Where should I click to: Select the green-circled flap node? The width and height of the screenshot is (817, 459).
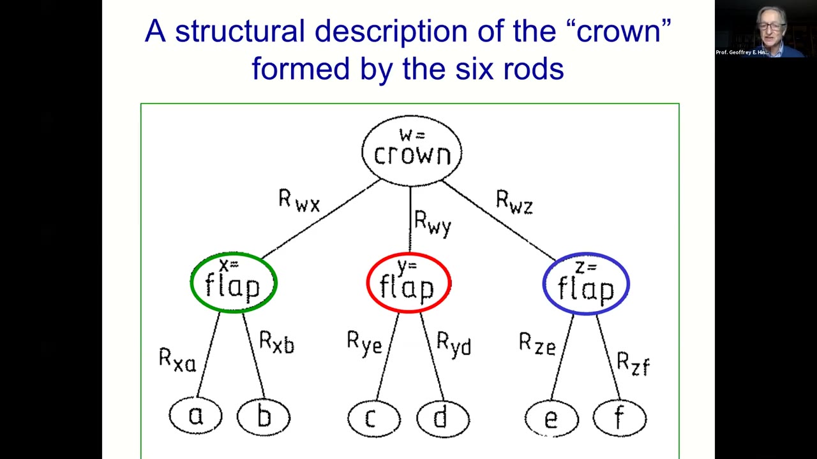point(234,283)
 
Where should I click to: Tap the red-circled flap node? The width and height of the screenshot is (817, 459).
point(408,283)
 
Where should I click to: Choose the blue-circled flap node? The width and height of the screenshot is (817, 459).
point(586,284)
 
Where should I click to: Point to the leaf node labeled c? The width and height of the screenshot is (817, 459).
point(374,418)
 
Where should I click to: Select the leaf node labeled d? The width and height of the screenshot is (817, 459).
point(442,418)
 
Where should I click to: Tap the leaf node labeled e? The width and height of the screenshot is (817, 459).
point(551,419)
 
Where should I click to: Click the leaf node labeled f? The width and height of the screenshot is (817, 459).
point(619,418)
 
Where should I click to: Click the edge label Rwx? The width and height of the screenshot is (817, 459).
point(299,201)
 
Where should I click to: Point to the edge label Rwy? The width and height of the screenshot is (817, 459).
point(433,223)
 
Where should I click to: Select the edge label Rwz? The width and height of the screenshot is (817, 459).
point(514,203)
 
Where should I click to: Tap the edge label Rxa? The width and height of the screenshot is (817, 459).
point(177,360)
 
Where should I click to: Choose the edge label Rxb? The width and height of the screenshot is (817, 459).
point(276,343)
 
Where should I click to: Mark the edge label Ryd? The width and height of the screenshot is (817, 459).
point(454,344)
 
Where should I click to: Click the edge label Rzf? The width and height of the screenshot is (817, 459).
point(633,364)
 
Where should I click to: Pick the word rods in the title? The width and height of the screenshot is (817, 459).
point(534,68)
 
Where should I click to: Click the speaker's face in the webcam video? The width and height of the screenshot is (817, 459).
point(771,27)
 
